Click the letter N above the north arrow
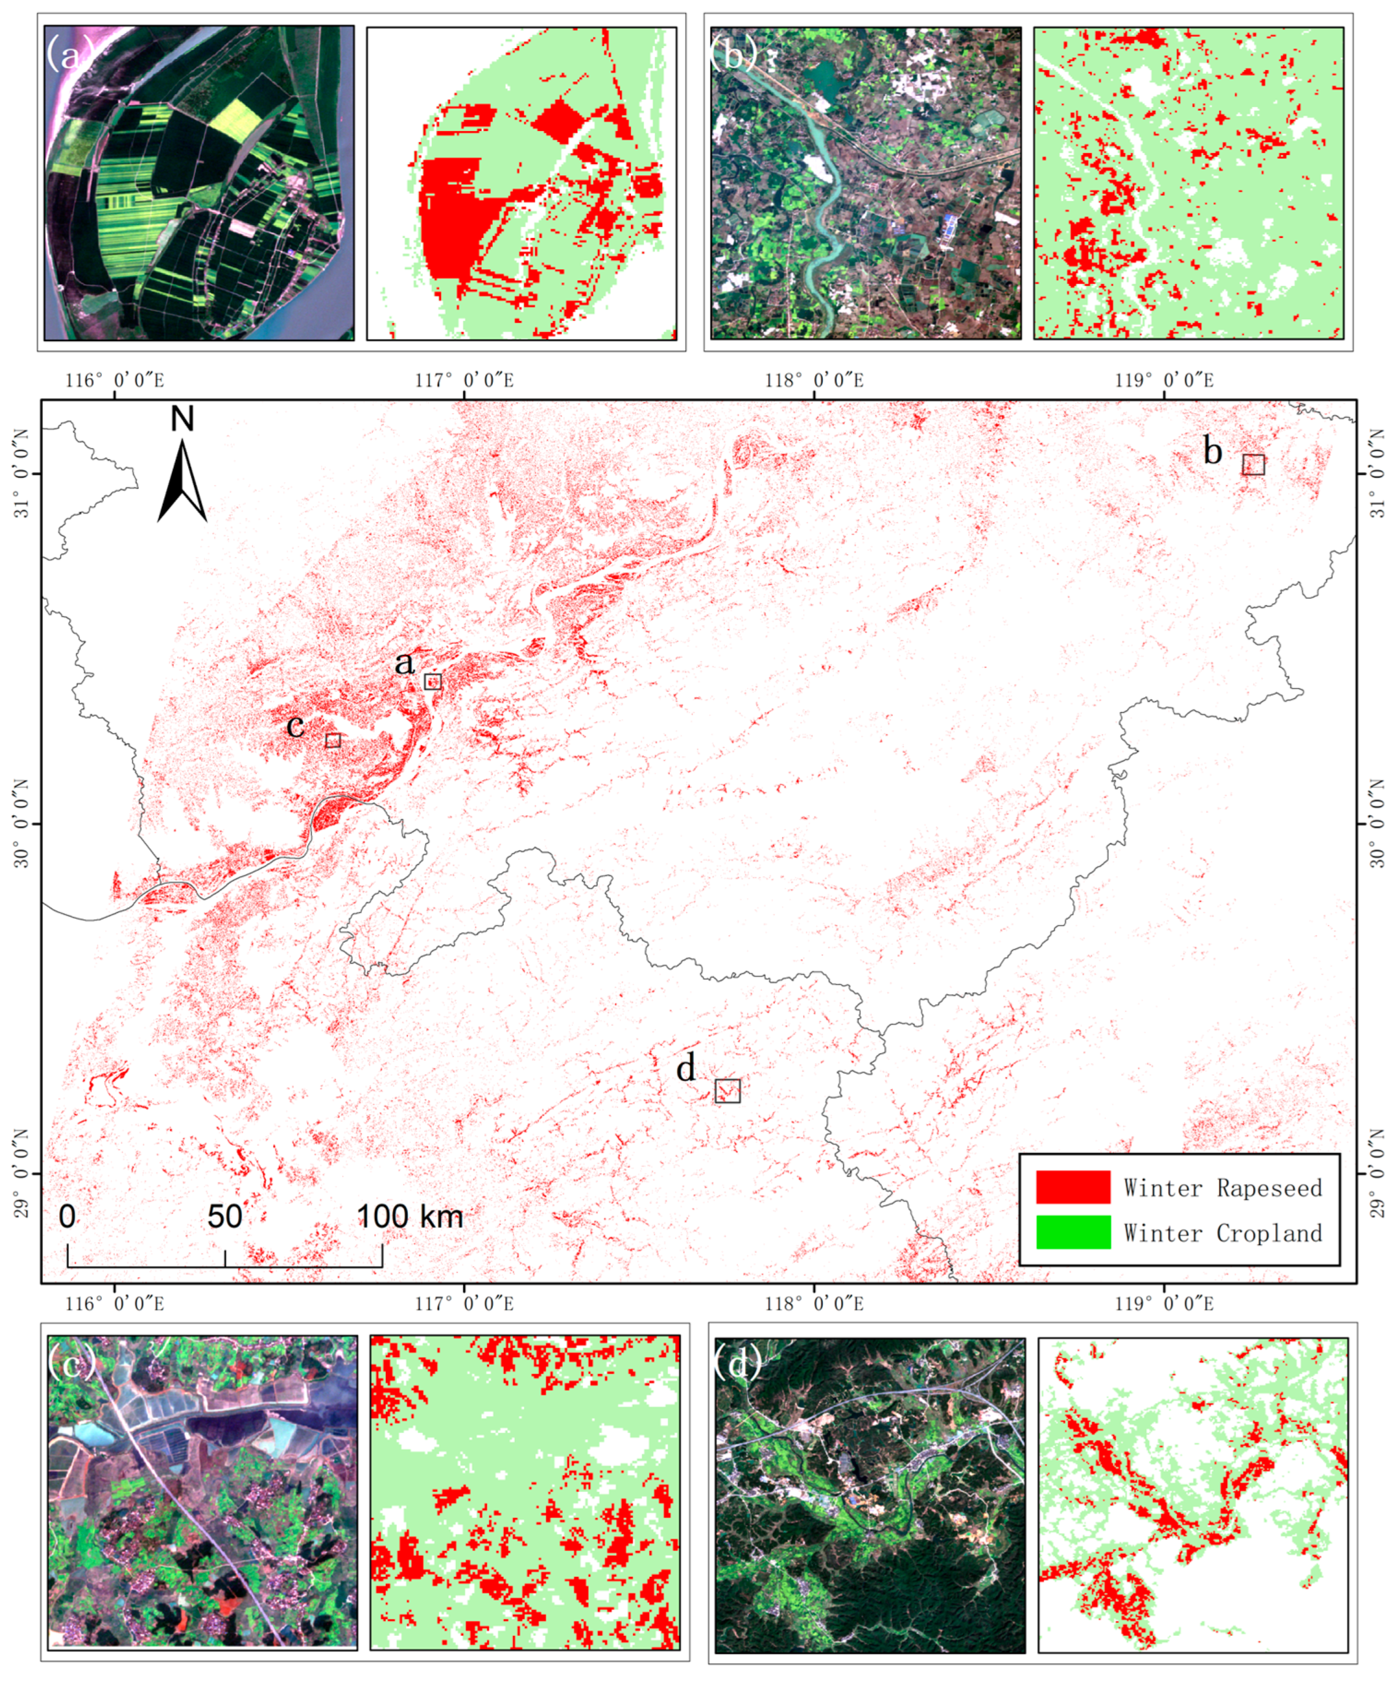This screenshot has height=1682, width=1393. pos(182,419)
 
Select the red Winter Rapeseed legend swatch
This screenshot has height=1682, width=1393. pos(1073,1187)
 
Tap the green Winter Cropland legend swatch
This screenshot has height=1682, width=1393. pos(1073,1232)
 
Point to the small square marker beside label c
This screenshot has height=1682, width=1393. pos(333,740)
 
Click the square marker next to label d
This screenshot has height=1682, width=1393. pos(727,1091)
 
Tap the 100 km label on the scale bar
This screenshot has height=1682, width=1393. pos(409,1217)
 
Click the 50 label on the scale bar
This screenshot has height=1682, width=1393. pos(224,1217)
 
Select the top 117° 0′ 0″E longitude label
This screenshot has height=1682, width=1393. pos(465,380)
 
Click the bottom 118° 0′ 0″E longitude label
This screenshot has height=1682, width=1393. pos(814,1303)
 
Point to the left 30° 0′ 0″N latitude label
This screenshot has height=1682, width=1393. pos(22,823)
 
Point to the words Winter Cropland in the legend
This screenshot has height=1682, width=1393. pos(1222,1233)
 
